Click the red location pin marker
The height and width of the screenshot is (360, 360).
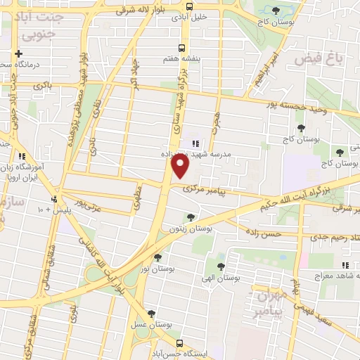point(181,166)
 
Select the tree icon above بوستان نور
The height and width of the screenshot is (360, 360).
point(157,257)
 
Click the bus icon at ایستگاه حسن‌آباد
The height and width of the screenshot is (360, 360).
point(180,344)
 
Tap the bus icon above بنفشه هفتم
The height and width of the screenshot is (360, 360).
point(181,49)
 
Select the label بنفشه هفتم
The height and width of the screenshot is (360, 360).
point(181,60)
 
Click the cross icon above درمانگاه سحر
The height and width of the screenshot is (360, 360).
point(19,53)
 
